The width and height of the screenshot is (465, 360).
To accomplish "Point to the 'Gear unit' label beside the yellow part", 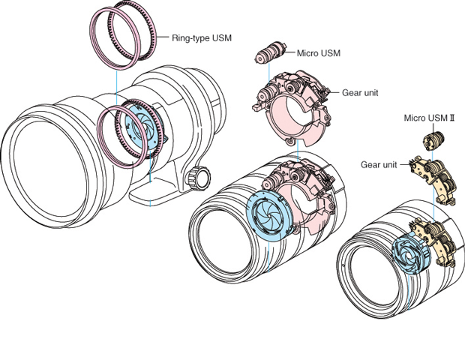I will point(379,163).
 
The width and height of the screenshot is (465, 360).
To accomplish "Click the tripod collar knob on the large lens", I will point(198,177).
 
